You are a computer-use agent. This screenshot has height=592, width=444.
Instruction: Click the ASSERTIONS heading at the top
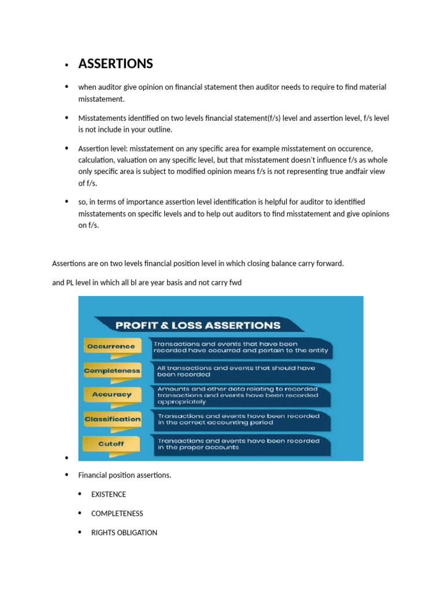116,64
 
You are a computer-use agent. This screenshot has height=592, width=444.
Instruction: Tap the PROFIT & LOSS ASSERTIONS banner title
198,325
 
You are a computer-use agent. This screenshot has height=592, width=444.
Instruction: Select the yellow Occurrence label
111,346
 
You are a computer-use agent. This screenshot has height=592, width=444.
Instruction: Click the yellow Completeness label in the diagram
112,371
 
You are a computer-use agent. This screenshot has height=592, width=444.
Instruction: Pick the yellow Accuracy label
112,394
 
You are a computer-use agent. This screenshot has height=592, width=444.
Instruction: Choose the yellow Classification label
112,419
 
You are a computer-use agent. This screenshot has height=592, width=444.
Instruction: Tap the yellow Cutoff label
111,444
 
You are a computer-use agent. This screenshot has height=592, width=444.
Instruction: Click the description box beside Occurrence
240,347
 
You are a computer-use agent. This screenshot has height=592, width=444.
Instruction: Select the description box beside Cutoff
240,444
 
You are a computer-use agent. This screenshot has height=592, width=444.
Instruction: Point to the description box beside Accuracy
240,395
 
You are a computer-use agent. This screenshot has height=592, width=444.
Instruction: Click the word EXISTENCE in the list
109,494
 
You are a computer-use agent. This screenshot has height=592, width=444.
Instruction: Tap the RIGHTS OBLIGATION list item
124,532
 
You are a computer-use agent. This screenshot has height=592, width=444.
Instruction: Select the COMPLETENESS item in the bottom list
117,513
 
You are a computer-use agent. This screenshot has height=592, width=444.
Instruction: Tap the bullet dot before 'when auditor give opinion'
67,87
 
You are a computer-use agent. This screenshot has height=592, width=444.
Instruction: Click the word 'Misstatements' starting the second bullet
102,118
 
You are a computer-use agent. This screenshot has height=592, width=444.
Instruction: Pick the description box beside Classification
240,420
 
